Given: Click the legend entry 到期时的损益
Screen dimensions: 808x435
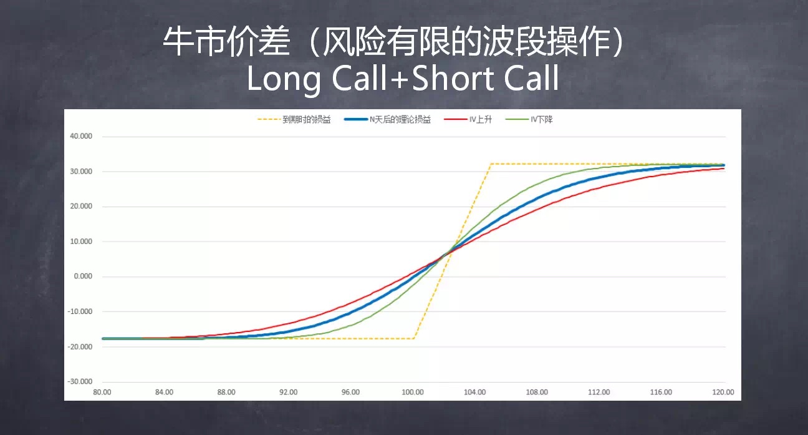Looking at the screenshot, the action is tap(294, 119).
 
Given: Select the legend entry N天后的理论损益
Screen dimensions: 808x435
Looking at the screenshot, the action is tap(387, 119).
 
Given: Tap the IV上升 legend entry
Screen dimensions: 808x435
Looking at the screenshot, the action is tap(468, 119).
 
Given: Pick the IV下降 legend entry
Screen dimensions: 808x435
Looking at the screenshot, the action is tap(529, 119).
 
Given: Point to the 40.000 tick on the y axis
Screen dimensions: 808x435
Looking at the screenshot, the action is tap(81, 136).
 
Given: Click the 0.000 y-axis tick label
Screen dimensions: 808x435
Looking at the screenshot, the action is tap(83, 276).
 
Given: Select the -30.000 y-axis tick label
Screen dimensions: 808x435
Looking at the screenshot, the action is tap(80, 381).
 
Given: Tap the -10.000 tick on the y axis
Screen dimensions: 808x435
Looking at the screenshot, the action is tap(80, 311).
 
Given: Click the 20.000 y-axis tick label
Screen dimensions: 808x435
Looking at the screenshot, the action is tap(81, 206).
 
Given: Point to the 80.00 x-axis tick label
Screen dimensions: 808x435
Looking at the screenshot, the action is tap(102, 392).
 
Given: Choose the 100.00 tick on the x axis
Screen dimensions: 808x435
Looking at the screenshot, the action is tap(413, 392).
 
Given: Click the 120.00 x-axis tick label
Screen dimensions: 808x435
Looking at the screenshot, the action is tap(723, 392).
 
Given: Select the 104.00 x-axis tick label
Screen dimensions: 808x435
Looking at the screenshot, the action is tap(474, 392).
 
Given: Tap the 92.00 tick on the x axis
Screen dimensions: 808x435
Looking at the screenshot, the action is tap(289, 392).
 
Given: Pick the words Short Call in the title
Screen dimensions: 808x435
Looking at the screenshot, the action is tap(486, 78).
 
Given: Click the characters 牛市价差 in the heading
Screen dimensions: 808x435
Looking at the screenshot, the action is tap(226, 41).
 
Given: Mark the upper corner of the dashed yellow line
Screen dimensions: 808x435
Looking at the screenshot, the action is tap(491, 164).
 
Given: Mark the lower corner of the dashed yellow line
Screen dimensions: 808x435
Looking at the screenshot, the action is tap(414, 339).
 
